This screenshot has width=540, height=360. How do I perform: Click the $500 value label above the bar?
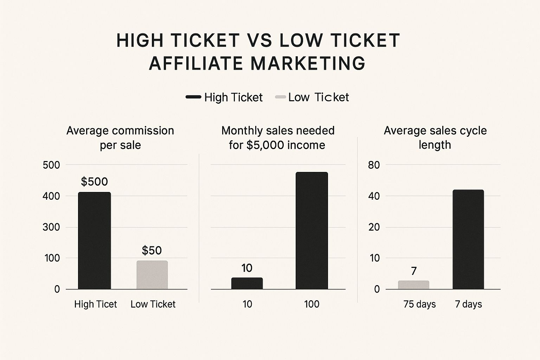[94, 181]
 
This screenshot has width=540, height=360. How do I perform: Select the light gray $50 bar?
[152, 275]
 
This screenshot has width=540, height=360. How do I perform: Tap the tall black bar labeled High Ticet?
[94, 240]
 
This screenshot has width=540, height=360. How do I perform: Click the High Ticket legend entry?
[224, 97]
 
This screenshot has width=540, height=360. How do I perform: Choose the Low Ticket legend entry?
[312, 97]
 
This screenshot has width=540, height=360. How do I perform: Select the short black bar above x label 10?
[247, 283]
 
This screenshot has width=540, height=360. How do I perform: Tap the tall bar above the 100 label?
[311, 231]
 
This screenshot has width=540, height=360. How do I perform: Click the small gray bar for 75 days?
[413, 285]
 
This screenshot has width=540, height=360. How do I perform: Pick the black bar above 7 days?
[468, 239]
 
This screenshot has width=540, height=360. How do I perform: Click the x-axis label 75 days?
[419, 304]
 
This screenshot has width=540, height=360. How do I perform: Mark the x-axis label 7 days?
[468, 304]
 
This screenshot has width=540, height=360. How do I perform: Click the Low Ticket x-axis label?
[153, 304]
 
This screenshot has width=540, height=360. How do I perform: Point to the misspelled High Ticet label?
[95, 304]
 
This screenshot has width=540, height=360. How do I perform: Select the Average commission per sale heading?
[120, 137]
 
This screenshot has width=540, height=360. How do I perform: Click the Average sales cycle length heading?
[435, 137]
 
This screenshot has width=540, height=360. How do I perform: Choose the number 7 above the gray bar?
[414, 271]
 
